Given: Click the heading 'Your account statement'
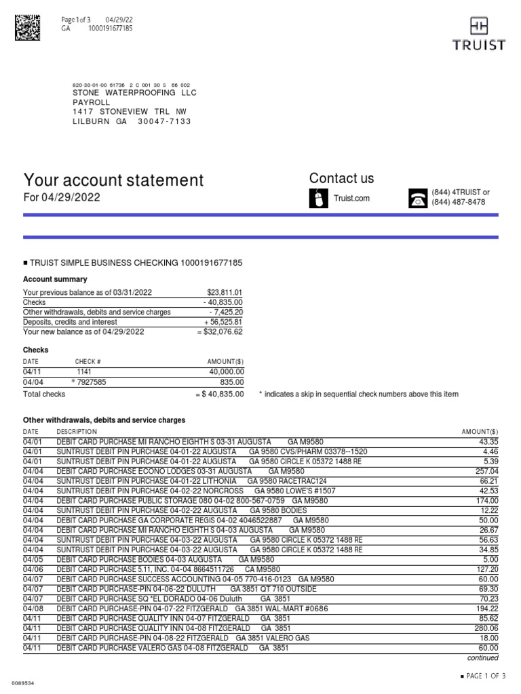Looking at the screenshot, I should click(x=113, y=180).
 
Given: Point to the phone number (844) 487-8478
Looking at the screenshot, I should click(x=459, y=202).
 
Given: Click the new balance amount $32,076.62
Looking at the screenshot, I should click(x=220, y=332).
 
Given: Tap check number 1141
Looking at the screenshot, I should click(x=84, y=372).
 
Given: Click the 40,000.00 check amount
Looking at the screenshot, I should click(x=227, y=372).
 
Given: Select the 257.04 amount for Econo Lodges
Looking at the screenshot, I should click(x=486, y=471).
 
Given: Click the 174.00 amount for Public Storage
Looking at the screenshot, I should click(x=486, y=500).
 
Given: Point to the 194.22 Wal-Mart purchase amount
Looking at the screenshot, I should click(x=486, y=609).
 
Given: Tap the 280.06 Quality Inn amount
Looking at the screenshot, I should click(x=486, y=628).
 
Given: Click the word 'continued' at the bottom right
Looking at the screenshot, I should click(x=482, y=658).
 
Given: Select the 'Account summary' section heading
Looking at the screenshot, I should click(x=55, y=279).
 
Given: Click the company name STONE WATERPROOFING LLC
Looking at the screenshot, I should click(x=134, y=93).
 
